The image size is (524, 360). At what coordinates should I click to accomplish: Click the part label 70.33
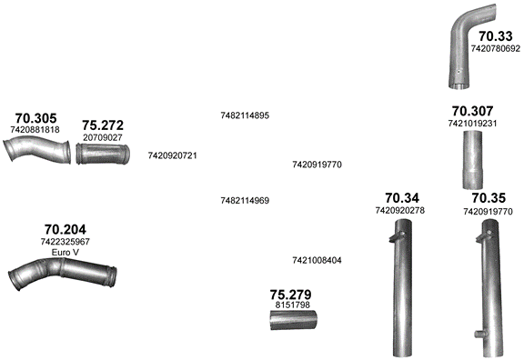(x=495, y=36)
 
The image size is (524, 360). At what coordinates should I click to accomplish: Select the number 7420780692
(x=496, y=49)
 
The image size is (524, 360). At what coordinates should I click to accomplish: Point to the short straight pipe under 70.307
(x=472, y=160)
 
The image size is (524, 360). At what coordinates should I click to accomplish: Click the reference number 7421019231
(x=472, y=124)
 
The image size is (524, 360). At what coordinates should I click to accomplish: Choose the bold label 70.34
(x=402, y=198)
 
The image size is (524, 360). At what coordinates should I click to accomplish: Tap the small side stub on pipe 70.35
(x=479, y=333)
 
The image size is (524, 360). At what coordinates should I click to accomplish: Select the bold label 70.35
(x=489, y=198)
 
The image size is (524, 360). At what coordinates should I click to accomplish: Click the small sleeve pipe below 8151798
(x=294, y=320)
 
